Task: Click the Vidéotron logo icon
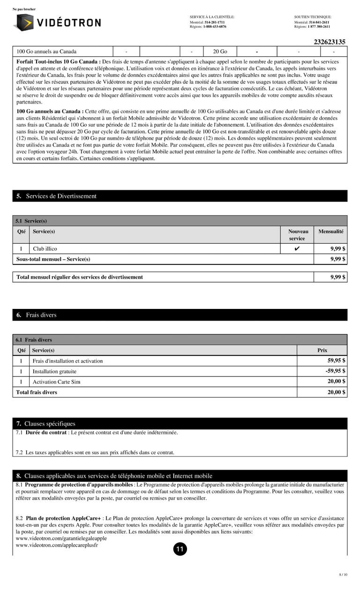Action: click(23, 22)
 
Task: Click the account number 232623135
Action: click(330, 42)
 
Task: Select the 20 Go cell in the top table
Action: click(220, 52)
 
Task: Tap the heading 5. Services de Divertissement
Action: click(56, 196)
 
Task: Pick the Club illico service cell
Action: click(45, 249)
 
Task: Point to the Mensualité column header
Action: click(330, 232)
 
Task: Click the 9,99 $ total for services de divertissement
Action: click(338, 277)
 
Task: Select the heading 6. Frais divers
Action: click(36, 315)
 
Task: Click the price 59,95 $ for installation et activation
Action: click(337, 360)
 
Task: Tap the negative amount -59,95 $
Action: click(336, 371)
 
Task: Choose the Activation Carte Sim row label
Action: click(56, 382)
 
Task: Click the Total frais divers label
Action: click(37, 392)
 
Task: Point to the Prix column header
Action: click(322, 350)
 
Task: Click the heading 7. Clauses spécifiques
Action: click(45, 424)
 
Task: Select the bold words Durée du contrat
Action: click(46, 433)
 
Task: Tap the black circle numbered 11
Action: click(180, 549)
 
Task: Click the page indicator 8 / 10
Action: click(343, 574)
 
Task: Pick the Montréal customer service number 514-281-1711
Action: click(214, 22)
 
